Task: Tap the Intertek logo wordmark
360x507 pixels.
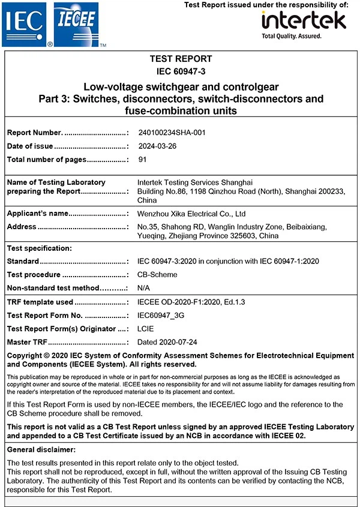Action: [x=304, y=20]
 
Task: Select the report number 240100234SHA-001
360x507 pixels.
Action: [x=172, y=133]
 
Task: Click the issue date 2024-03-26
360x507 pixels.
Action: [x=157, y=146]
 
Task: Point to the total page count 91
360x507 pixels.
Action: [x=142, y=160]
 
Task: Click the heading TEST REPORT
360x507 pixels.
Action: [x=181, y=59]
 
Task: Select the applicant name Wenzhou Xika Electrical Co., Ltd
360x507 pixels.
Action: [x=191, y=214]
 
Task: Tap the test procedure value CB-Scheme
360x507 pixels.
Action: [x=157, y=275]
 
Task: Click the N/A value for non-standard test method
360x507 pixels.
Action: [x=143, y=288]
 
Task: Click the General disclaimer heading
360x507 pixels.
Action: [x=45, y=449]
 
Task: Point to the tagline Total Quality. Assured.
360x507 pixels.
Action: [x=292, y=36]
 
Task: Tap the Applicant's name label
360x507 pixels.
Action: [x=38, y=214]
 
